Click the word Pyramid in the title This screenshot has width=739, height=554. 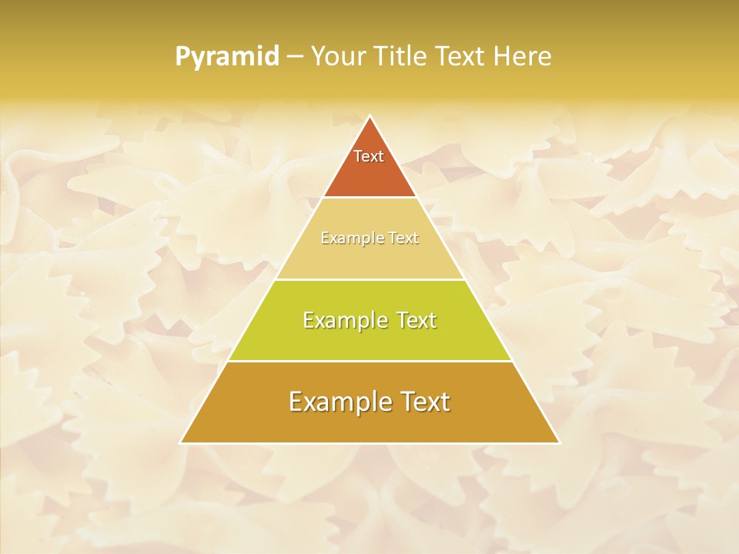[x=226, y=57]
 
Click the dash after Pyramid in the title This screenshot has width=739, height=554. [x=294, y=57]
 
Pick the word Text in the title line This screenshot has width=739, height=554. [x=462, y=56]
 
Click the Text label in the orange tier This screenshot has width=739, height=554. [x=369, y=156]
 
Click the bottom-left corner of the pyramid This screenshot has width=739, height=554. [x=182, y=442]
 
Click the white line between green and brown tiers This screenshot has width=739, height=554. [x=369, y=361]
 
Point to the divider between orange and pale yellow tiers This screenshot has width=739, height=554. [x=369, y=197]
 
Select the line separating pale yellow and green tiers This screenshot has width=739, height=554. [x=369, y=279]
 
